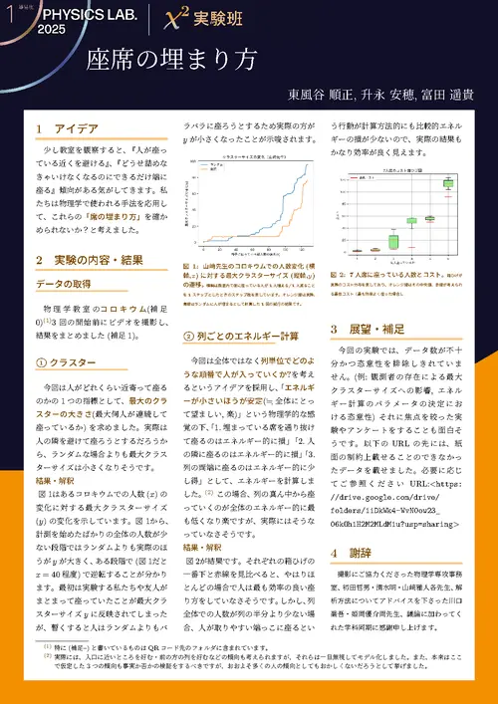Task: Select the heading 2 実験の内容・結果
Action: click(x=91, y=260)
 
